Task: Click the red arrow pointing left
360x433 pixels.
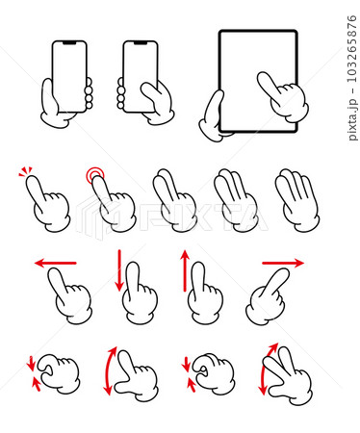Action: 55,263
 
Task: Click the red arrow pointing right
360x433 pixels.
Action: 283,263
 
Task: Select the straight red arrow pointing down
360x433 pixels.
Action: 119,270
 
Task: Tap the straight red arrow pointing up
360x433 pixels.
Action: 185,271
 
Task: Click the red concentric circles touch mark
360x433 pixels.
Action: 95,175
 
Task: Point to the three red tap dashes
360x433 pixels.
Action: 25,170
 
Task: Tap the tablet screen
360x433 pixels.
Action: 258,81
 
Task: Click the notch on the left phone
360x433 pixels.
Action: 69,42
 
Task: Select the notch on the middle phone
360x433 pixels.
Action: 141,42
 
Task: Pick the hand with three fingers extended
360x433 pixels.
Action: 236,200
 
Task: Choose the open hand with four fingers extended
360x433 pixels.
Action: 297,200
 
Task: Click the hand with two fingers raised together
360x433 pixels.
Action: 175,200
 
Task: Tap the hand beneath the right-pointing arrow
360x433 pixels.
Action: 267,296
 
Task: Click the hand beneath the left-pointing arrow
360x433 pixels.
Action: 70,295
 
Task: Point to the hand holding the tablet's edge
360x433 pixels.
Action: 213,116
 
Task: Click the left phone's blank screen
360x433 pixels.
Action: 69,76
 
